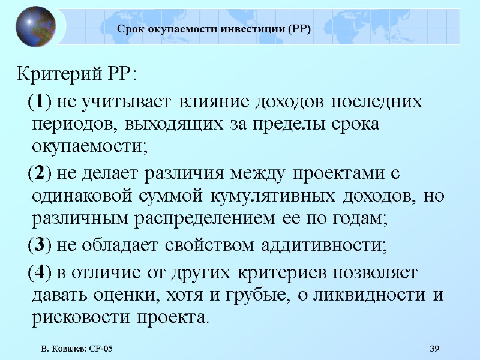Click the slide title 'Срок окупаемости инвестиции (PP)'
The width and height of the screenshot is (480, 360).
click(214, 28)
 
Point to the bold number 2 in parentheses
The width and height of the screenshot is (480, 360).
click(38, 173)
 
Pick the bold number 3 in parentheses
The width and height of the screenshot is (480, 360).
click(38, 245)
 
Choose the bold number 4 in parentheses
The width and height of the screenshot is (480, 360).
click(38, 272)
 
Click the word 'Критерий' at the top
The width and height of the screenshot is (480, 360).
click(55, 76)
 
